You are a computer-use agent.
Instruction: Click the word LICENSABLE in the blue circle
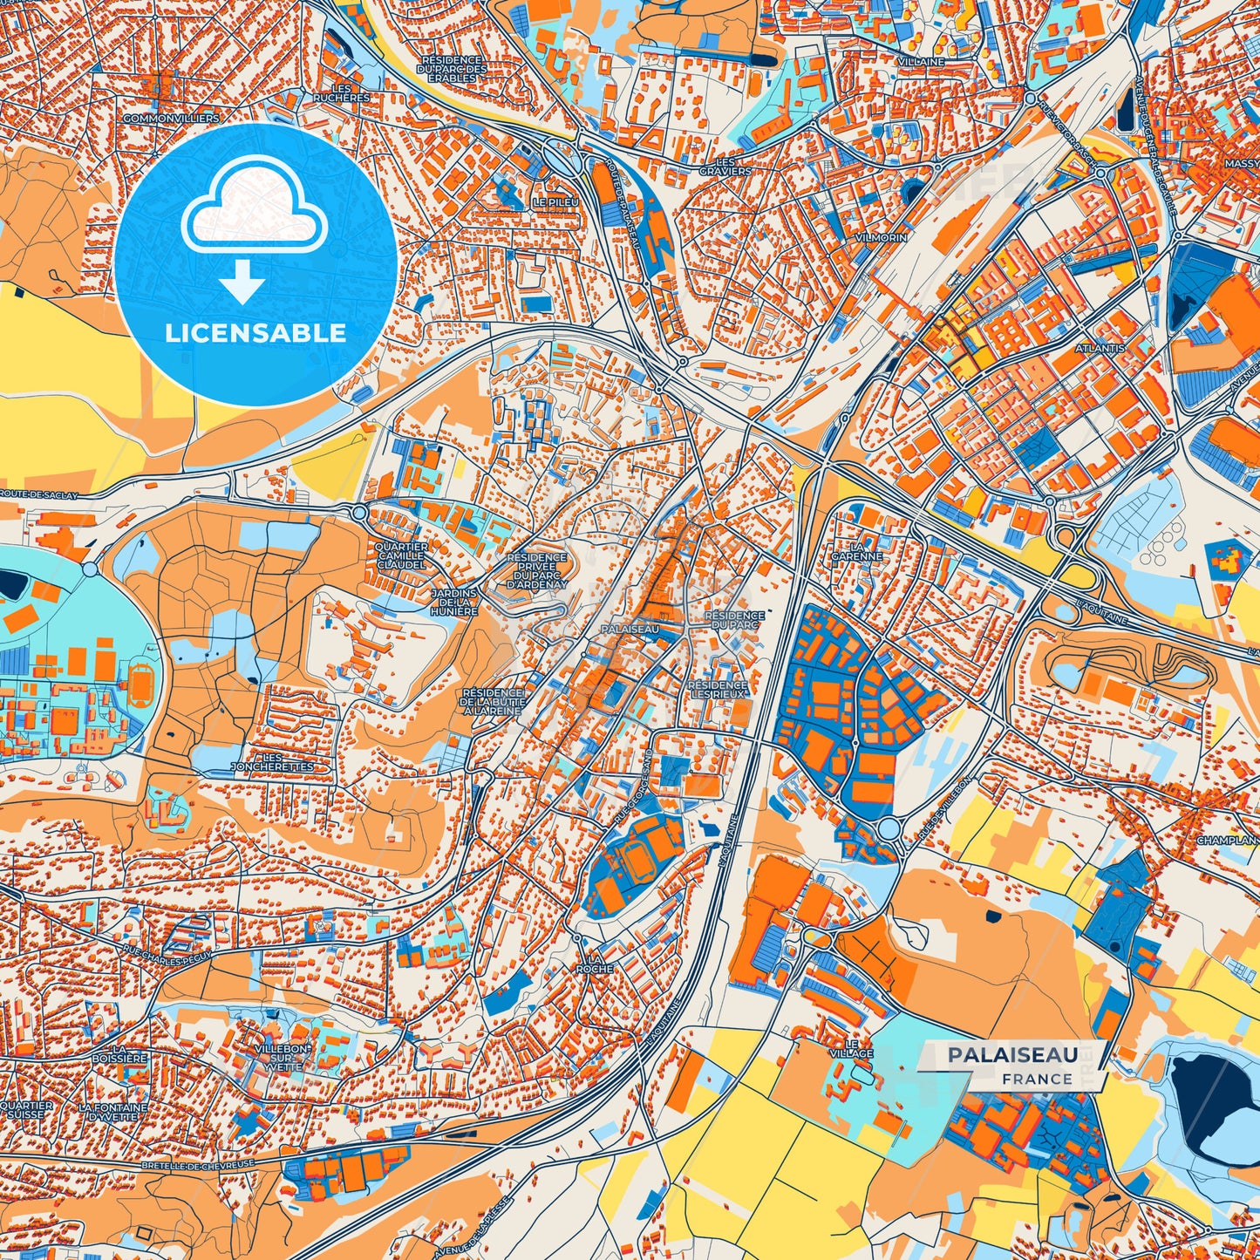(255, 333)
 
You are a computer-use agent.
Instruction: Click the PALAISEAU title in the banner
(1012, 1055)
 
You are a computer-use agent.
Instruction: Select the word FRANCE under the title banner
(1037, 1079)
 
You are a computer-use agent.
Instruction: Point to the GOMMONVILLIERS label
(171, 118)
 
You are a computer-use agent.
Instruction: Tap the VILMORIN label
(882, 237)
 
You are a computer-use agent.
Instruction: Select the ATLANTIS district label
(1100, 348)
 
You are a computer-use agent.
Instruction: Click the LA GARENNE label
(856, 550)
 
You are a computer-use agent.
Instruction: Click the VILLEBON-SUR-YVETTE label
(278, 1058)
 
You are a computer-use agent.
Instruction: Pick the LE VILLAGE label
(852, 1048)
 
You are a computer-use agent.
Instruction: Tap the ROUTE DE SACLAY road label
(38, 494)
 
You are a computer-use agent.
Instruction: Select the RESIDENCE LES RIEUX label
(717, 691)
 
